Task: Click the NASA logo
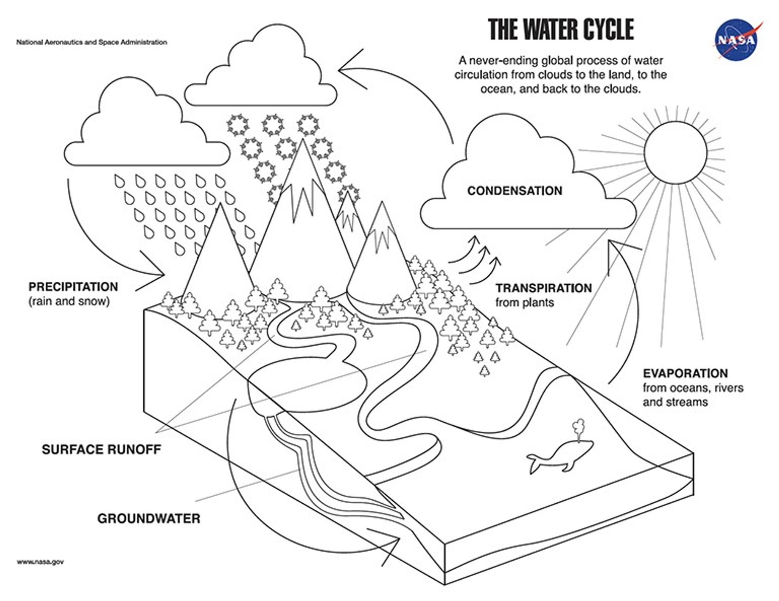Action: tap(737, 40)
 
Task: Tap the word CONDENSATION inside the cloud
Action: tap(514, 191)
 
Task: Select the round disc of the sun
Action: tap(675, 152)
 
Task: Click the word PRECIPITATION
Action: tap(73, 287)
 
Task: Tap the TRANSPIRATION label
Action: tap(543, 288)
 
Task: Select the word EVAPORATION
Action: tap(685, 373)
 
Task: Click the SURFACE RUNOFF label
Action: tap(101, 449)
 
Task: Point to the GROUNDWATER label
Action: tap(148, 519)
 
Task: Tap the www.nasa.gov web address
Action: tap(40, 562)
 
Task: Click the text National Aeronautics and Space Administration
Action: tap(91, 42)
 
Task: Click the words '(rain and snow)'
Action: tap(69, 301)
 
